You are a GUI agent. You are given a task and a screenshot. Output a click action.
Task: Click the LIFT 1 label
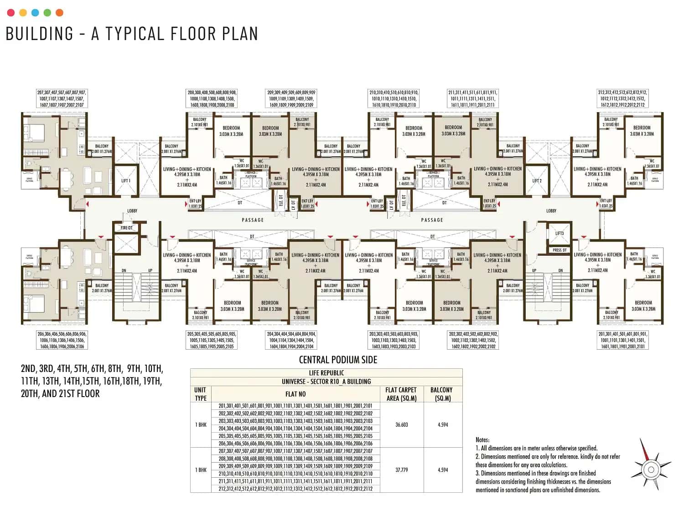pyautogui.click(x=126, y=181)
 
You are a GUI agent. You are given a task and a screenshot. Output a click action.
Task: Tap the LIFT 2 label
pyautogui.click(x=537, y=181)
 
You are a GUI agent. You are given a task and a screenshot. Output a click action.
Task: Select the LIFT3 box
pyautogui.click(x=560, y=234)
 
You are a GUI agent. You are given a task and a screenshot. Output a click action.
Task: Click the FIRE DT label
pyautogui.click(x=127, y=227)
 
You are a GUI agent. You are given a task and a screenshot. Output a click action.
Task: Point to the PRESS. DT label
pyautogui.click(x=560, y=250)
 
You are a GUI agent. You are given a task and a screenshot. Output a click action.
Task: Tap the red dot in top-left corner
pyautogui.click(x=11, y=13)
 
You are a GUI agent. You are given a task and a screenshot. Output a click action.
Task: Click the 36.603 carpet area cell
pyautogui.click(x=401, y=424)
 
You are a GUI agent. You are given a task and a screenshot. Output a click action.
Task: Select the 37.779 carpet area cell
pyautogui.click(x=401, y=470)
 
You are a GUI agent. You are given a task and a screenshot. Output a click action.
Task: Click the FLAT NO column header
pyautogui.click(x=295, y=394)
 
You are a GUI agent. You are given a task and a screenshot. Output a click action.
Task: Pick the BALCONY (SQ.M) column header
pyautogui.click(x=441, y=394)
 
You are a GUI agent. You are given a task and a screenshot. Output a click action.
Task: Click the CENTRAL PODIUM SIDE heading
pyautogui.click(x=338, y=360)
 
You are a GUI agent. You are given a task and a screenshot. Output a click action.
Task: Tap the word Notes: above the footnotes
pyautogui.click(x=482, y=440)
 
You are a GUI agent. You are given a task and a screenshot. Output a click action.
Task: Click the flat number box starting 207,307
pyautogui.click(x=61, y=98)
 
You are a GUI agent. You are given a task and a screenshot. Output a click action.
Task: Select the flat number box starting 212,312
pyautogui.click(x=622, y=98)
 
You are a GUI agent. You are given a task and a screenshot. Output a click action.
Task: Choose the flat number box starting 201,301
pyautogui.click(x=622, y=340)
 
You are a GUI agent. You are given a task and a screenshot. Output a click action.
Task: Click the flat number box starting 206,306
pyautogui.click(x=61, y=340)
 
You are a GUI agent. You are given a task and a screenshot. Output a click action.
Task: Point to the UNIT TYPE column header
pyautogui.click(x=200, y=394)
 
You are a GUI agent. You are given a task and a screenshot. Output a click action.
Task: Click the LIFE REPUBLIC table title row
pyautogui.click(x=326, y=373)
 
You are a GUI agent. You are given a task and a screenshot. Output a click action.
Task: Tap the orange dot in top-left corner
pyautogui.click(x=59, y=13)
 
